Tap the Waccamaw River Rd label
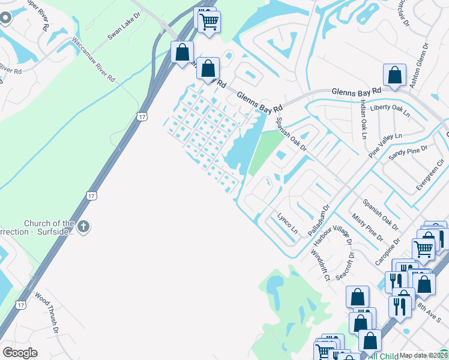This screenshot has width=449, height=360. coord(94,60)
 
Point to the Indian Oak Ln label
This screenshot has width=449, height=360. coord(364,118)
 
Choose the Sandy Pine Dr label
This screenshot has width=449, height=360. coord(408,153)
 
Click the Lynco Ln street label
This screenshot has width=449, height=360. coord(287,223)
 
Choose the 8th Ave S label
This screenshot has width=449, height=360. coord(429,310)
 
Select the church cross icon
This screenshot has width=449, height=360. coord(83,227)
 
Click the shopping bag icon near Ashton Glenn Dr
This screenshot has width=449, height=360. coord(395,76)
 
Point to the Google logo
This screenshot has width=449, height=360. coord(20,353)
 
